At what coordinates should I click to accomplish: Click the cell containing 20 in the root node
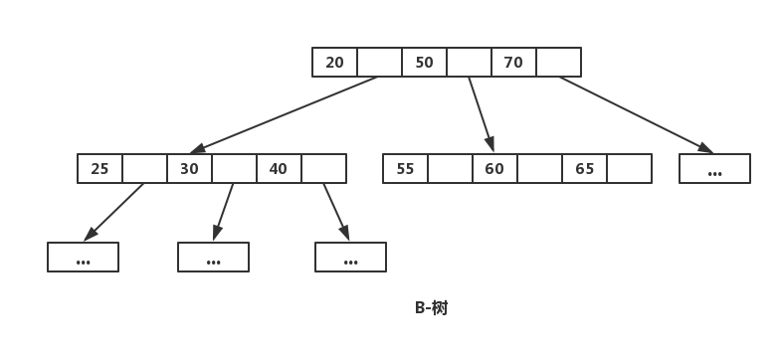coord(334,63)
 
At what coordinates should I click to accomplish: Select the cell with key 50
coord(424,63)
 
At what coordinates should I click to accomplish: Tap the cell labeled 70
coord(513,63)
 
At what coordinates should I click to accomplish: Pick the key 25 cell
coord(99,168)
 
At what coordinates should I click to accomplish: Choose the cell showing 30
coord(189,168)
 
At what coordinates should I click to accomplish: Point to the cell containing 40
coord(279,168)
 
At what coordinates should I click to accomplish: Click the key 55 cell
coord(405,168)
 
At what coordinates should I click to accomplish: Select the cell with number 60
coord(494,168)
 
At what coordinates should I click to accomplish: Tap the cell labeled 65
coord(584,168)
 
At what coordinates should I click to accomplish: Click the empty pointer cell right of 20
coord(379,63)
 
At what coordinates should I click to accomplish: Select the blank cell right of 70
coord(558,63)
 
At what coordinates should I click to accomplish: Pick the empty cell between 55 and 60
coord(450,168)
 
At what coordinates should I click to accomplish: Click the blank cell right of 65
coord(630,168)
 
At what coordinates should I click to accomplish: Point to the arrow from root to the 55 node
coord(481,114)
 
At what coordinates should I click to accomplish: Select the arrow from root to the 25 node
coord(284,114)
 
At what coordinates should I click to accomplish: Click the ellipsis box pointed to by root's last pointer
coord(714,168)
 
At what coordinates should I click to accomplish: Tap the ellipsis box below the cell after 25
coord(83,258)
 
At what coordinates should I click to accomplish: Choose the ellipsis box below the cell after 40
coord(350,258)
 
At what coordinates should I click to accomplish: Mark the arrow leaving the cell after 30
coord(223,212)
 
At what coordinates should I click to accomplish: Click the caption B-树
coord(432,308)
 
